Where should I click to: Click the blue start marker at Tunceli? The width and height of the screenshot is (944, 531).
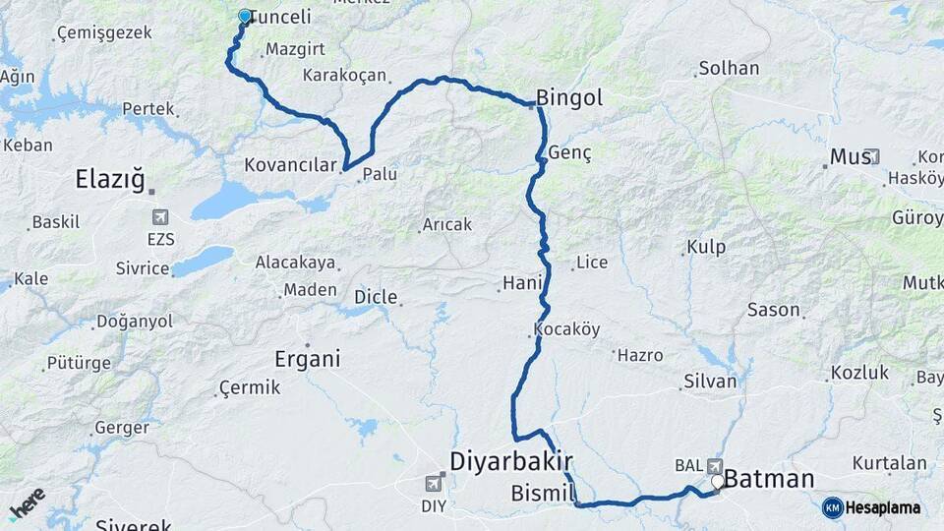(x=245, y=16)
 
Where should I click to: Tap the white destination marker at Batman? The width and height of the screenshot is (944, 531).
(x=718, y=482)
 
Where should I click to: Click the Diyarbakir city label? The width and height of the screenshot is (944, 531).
(x=510, y=461)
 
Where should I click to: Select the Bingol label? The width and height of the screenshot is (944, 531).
(x=569, y=98)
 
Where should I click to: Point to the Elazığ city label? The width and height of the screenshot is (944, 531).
(x=110, y=180)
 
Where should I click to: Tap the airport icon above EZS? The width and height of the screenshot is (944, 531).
(x=160, y=216)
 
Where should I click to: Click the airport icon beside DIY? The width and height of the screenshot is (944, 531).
(x=434, y=483)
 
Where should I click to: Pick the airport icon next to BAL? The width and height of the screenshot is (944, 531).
(x=714, y=466)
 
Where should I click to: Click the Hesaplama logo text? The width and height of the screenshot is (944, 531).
(x=882, y=508)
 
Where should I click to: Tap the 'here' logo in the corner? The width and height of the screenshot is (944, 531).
(x=27, y=502)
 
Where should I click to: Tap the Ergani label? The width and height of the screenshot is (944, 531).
(x=308, y=359)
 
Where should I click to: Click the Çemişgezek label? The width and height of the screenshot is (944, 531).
(x=104, y=32)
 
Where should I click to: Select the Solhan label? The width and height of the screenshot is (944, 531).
(x=728, y=69)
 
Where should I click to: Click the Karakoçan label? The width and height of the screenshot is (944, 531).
(x=345, y=75)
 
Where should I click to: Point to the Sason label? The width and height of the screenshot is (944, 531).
(x=774, y=310)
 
